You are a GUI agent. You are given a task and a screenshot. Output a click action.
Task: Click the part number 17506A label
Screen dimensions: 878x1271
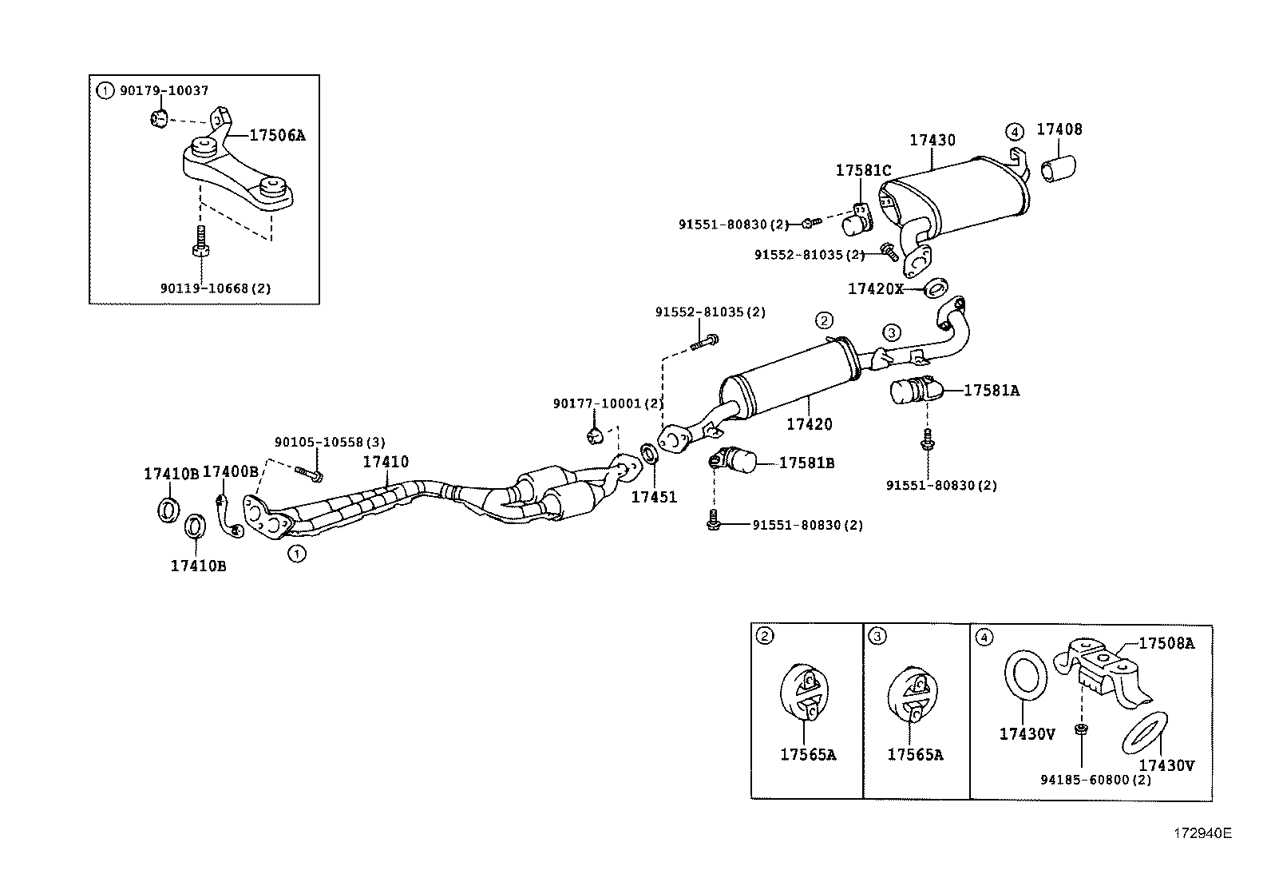click(x=277, y=135)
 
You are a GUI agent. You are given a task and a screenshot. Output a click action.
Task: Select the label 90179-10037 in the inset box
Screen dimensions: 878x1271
click(x=164, y=91)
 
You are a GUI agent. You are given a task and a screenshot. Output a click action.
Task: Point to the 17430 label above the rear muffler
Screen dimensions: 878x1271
click(x=932, y=140)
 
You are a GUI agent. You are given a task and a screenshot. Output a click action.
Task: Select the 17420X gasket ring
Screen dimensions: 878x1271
click(x=936, y=287)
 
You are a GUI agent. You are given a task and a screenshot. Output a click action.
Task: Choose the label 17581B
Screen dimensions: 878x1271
click(x=806, y=463)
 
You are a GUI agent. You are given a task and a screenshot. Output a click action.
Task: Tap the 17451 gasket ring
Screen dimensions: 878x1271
click(x=651, y=455)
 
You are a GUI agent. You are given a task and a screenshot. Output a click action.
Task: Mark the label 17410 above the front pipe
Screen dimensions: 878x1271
click(x=386, y=462)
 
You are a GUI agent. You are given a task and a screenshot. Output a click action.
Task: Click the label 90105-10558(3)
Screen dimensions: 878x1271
click(x=319, y=442)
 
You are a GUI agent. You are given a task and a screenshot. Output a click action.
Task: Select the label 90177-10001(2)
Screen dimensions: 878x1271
click(x=608, y=403)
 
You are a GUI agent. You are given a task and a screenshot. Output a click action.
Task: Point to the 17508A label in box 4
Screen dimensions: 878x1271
click(x=1166, y=642)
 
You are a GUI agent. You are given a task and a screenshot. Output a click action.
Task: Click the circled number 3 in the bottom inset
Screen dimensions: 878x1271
click(x=877, y=636)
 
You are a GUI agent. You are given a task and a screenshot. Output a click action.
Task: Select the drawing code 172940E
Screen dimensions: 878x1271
click(x=1202, y=833)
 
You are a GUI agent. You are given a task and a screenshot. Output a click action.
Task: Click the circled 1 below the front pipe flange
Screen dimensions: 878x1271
click(x=296, y=552)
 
